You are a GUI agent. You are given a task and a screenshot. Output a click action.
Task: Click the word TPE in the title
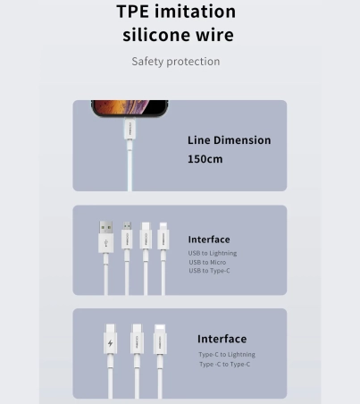(132, 12)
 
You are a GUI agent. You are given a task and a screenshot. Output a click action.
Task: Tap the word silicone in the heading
(157, 35)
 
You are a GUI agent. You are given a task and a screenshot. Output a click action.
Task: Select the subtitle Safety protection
(176, 62)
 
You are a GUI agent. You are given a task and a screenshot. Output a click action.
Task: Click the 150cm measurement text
(205, 159)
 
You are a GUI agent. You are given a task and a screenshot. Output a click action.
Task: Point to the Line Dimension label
(229, 140)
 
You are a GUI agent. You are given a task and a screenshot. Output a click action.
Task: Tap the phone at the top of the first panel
(130, 108)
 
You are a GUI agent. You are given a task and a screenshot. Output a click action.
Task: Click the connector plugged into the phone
(130, 129)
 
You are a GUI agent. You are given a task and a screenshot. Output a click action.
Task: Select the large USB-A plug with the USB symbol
(106, 237)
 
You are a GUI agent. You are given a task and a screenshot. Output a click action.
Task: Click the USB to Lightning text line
(213, 253)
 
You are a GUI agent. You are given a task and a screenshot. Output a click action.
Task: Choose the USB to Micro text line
(207, 262)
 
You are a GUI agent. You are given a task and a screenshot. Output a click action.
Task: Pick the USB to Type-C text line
(209, 271)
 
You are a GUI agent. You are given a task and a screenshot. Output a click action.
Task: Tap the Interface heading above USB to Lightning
(209, 240)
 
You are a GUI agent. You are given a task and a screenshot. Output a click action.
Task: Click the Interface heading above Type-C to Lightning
(222, 339)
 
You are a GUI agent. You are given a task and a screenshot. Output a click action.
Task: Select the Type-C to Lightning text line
(227, 355)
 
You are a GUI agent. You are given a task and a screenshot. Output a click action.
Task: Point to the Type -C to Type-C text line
(225, 364)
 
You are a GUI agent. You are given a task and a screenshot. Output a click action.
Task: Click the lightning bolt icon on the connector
(110, 343)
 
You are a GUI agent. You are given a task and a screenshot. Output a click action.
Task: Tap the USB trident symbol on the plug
(106, 243)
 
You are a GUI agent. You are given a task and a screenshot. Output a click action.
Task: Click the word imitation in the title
(195, 12)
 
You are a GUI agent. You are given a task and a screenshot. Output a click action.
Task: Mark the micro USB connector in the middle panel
(127, 235)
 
